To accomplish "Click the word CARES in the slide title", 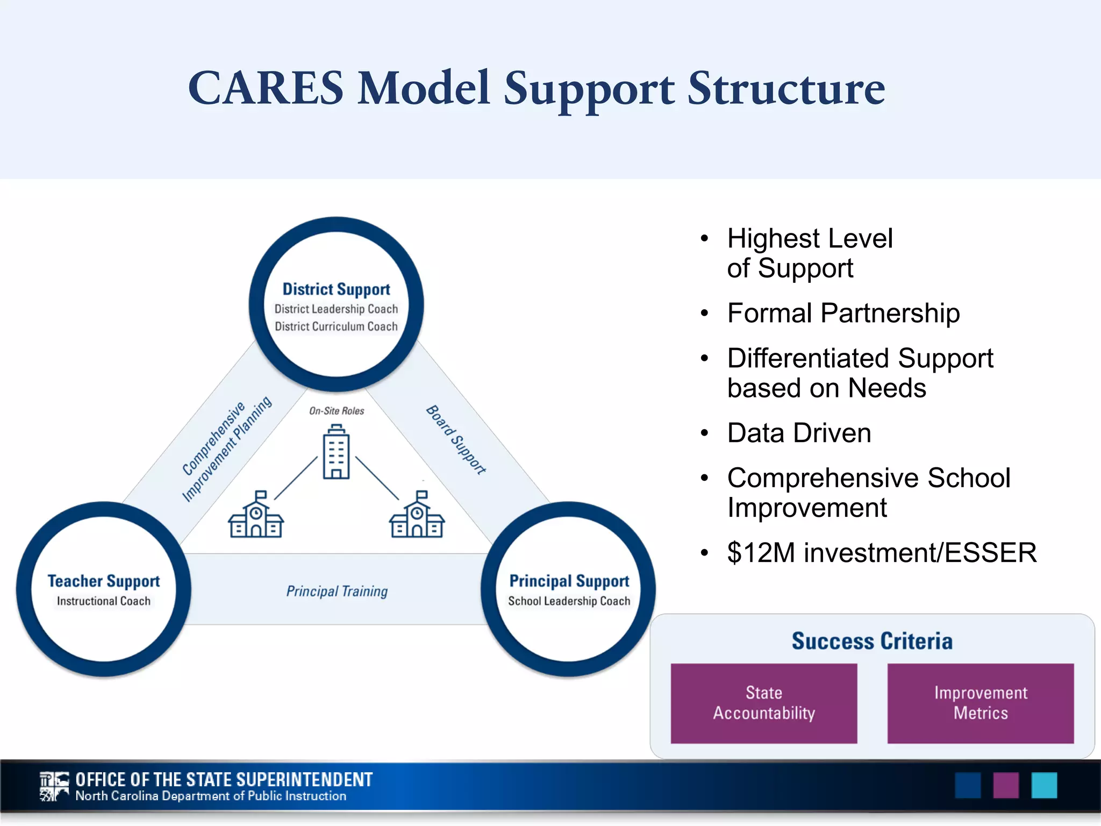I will tap(266, 88).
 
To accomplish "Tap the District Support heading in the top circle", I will tap(337, 289).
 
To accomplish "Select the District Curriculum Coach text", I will tap(337, 326).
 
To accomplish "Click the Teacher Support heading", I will tap(104, 581).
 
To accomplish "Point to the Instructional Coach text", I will tap(104, 601).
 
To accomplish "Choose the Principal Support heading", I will tap(569, 581).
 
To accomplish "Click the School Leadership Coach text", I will tap(569, 601).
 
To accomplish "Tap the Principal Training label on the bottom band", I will tap(337, 591).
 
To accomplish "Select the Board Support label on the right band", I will tap(456, 439).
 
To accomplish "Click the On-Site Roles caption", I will tap(337, 411).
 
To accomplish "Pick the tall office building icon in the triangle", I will tap(336, 452).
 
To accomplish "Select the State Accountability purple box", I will tap(763, 703).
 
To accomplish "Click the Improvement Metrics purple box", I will tap(980, 703).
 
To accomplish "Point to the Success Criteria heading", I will tap(872, 641).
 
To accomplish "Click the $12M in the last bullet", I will tap(761, 553).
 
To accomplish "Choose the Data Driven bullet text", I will tap(799, 433).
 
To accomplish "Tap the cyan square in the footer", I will tap(1044, 786).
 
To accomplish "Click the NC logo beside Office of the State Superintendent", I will tap(54, 787).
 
